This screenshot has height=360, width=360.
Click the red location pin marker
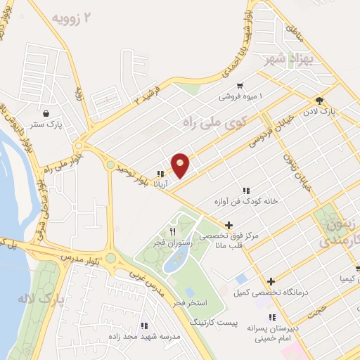pos(181,165)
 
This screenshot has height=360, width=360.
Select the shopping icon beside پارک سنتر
pos(46,113)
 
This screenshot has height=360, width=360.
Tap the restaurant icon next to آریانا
pos(161,174)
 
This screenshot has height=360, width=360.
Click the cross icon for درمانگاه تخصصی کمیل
pos(271,281)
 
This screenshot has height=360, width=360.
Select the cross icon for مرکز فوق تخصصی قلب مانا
pos(229,225)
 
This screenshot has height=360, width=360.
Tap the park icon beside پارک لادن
pos(319,100)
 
